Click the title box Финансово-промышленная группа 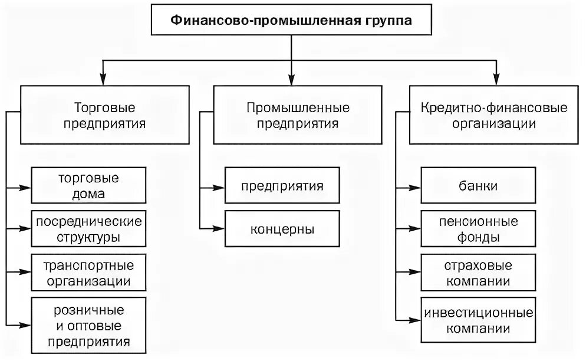tap(291, 21)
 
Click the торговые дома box tap(88, 186)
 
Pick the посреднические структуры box tap(88, 229)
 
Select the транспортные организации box tap(88, 273)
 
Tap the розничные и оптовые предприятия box tap(88, 325)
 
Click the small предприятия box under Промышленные tap(282, 186)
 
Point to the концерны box tap(282, 229)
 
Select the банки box tap(478, 186)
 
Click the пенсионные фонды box tap(478, 229)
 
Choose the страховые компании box tap(478, 273)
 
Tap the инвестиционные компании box tap(478, 320)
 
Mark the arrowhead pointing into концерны tap(219, 227)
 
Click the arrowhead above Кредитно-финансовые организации tap(496, 79)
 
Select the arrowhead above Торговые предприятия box tap(104, 79)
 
